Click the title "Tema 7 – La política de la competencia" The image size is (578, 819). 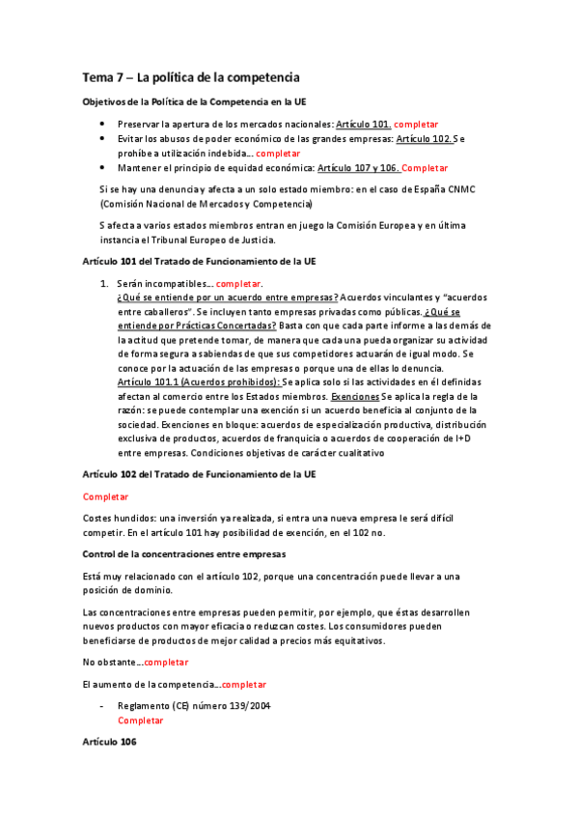click(x=190, y=76)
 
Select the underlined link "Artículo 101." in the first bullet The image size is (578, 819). click(x=363, y=125)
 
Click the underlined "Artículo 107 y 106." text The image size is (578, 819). click(x=358, y=167)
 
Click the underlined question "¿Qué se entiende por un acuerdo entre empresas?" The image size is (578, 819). click(x=227, y=298)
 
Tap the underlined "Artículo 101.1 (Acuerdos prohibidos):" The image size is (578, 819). click(x=198, y=382)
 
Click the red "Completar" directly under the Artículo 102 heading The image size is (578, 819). click(x=105, y=496)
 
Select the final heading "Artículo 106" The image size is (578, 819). click(x=109, y=742)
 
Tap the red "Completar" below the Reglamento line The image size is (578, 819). click(x=141, y=720)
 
